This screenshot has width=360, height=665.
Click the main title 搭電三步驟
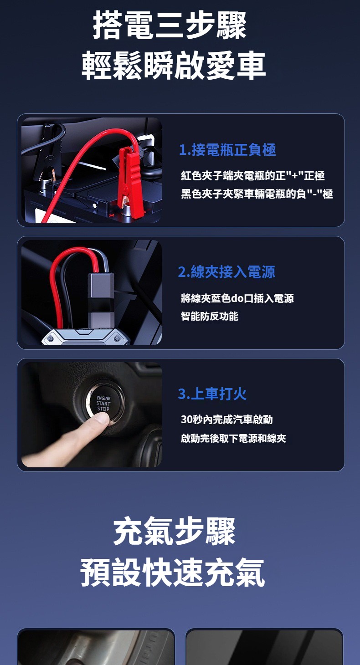tap(170, 25)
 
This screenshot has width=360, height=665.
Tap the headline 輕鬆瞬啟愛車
tap(174, 65)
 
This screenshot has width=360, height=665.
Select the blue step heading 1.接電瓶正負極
tap(227, 149)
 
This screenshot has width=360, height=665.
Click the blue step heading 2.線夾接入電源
tap(226, 272)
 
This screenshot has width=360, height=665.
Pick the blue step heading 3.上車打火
tap(212, 394)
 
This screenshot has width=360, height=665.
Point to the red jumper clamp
tap(130, 178)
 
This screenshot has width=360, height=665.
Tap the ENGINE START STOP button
tap(102, 404)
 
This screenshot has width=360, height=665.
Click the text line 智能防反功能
tap(210, 316)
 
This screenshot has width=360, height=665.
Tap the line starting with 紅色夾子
tap(253, 175)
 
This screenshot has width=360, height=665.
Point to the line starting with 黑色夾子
tap(257, 194)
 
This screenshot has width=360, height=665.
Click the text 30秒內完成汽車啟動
tap(226, 419)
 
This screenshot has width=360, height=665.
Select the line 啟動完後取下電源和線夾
tap(233, 438)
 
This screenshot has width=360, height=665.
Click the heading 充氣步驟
tap(175, 531)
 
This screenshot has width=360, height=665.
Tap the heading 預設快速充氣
tap(173, 572)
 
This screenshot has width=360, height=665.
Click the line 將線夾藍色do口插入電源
tap(237, 298)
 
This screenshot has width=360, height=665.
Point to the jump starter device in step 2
tap(86, 337)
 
